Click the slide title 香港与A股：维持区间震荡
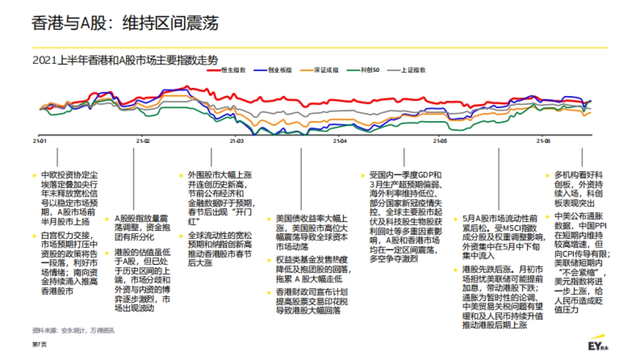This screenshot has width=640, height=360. pos(125,23)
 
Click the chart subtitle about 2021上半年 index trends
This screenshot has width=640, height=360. pos(125,59)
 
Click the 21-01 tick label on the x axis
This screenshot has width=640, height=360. pos(39,141)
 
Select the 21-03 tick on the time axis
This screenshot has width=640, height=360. pos(236,141)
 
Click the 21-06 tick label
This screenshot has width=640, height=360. pos(543,141)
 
